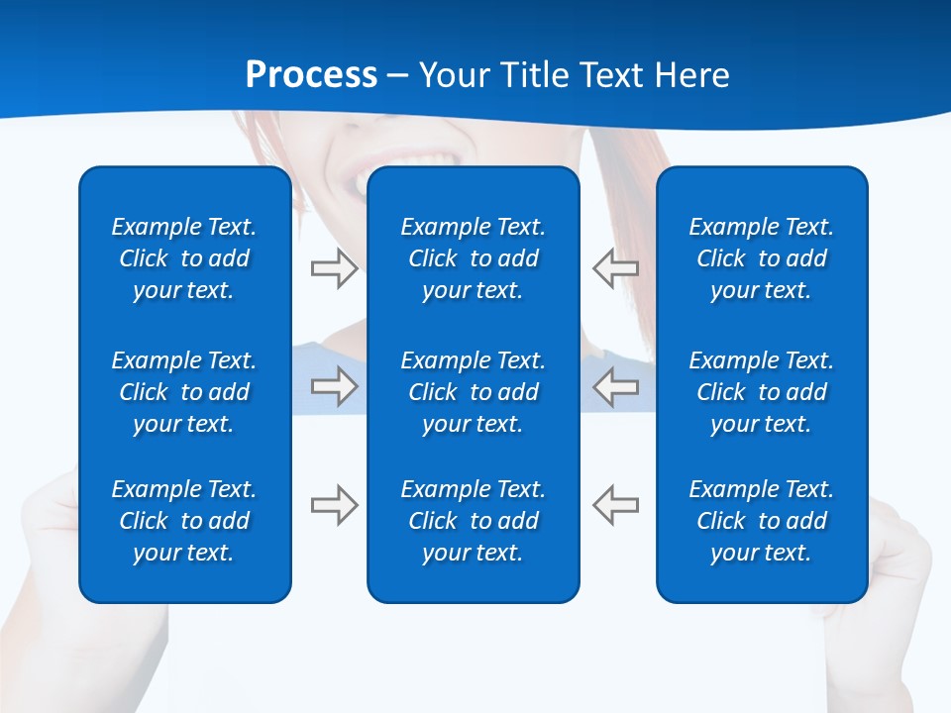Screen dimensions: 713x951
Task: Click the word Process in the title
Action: click(311, 75)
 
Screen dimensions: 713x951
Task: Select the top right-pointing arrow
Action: click(335, 268)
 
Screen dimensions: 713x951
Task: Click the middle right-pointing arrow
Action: click(335, 386)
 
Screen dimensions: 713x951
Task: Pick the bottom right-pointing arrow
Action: click(335, 505)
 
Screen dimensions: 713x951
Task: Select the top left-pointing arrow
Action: click(616, 268)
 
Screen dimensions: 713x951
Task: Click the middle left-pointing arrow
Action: click(616, 386)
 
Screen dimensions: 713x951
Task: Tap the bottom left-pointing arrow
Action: click(616, 505)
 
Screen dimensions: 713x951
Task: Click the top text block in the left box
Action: click(184, 258)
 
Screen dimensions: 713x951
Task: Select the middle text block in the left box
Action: click(184, 392)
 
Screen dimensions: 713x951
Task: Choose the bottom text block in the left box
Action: click(184, 521)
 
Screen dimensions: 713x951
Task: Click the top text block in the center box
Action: click(473, 258)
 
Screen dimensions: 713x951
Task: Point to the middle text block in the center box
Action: click(473, 392)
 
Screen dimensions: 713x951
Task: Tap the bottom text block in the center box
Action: click(473, 521)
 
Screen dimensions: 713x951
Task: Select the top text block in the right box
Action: click(761, 258)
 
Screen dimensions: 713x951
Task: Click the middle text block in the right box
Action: click(761, 392)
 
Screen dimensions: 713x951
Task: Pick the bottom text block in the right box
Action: click(761, 521)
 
